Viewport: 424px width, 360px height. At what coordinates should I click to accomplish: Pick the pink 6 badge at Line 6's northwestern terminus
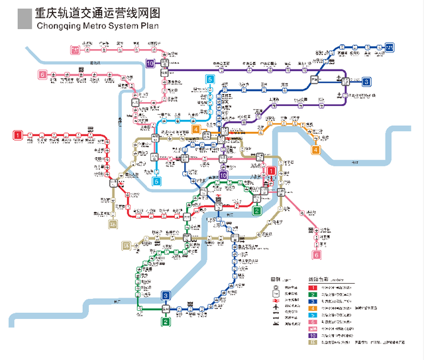pos(42,75)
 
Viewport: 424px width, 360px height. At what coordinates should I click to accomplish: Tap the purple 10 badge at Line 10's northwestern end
pos(151,64)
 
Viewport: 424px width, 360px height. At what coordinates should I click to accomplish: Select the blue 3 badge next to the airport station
pos(366,82)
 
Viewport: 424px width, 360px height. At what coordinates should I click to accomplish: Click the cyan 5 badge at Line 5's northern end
pos(210,80)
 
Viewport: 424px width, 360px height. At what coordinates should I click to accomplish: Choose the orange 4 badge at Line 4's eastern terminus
pos(315,150)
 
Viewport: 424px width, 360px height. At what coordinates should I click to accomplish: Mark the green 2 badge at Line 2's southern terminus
pos(166,322)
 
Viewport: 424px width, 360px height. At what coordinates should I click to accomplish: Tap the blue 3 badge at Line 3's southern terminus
pos(166,296)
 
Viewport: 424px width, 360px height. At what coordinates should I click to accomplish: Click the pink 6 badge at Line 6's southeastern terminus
pos(317,255)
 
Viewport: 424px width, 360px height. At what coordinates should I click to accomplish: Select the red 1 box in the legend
pos(312,287)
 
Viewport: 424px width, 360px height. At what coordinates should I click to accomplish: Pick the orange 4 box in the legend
pos(312,308)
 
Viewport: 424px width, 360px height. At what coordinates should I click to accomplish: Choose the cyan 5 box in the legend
pos(312,314)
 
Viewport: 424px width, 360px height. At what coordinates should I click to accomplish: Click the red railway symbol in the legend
pos(274,301)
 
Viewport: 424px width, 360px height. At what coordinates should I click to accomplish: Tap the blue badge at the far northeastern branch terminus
pos(390,46)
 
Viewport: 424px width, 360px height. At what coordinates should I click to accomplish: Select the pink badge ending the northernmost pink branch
pos(76,49)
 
